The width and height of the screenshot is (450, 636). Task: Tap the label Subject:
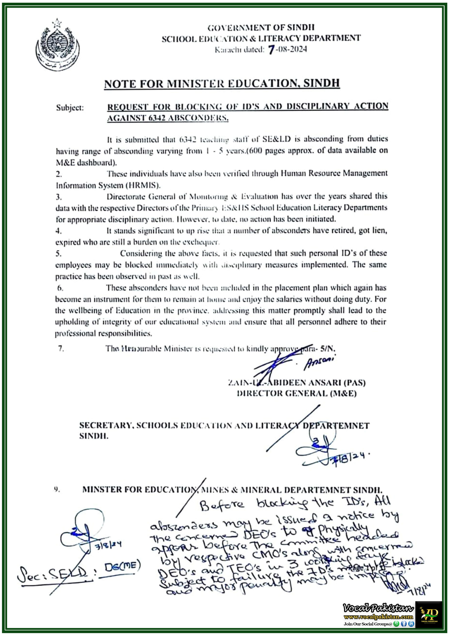click(x=70, y=108)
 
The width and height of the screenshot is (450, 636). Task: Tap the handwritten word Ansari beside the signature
click(x=319, y=363)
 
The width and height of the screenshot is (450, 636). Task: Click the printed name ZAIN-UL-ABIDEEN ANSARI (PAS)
click(x=296, y=383)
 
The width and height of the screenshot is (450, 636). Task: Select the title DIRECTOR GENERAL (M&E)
click(x=296, y=393)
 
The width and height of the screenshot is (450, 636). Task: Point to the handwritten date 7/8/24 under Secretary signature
click(x=351, y=460)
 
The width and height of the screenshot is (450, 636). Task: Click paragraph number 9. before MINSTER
click(x=57, y=489)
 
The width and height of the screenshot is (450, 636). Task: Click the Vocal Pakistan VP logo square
click(x=428, y=614)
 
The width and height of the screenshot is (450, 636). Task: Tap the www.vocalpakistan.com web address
click(x=378, y=617)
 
